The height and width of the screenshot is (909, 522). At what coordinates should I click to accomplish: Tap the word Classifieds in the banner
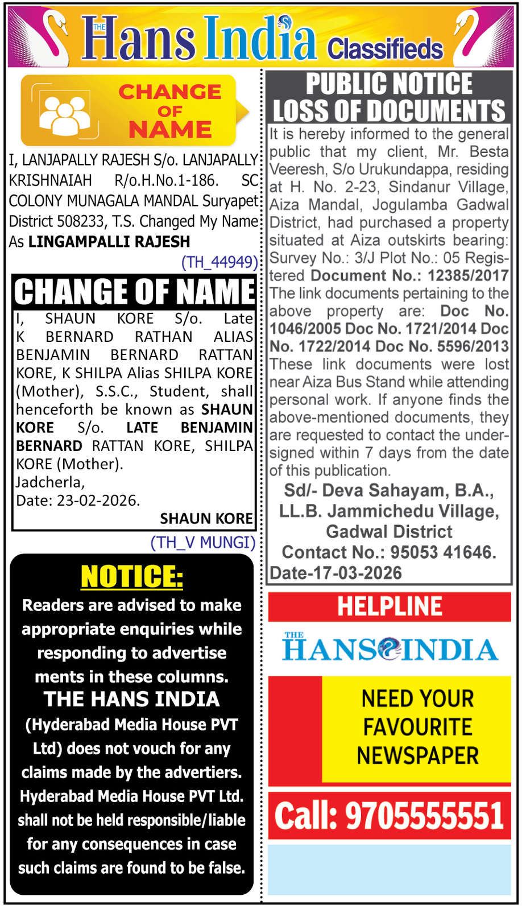(385, 49)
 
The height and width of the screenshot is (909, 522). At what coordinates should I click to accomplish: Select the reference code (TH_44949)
(219, 262)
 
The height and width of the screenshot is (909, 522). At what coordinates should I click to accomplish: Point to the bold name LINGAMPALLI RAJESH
(109, 242)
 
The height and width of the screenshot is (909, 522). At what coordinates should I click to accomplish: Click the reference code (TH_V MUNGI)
(202, 543)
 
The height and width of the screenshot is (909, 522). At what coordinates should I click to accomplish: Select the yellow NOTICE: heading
(132, 577)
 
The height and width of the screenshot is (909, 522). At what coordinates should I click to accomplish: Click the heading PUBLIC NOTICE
(389, 84)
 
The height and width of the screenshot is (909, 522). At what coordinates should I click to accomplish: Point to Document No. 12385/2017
(409, 276)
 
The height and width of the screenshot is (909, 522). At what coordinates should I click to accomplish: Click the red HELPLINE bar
(390, 606)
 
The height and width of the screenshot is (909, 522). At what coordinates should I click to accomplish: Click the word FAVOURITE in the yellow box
(417, 727)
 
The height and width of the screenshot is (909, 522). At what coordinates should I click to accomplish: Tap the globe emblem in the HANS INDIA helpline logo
(390, 648)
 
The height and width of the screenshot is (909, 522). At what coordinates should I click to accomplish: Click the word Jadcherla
(50, 482)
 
